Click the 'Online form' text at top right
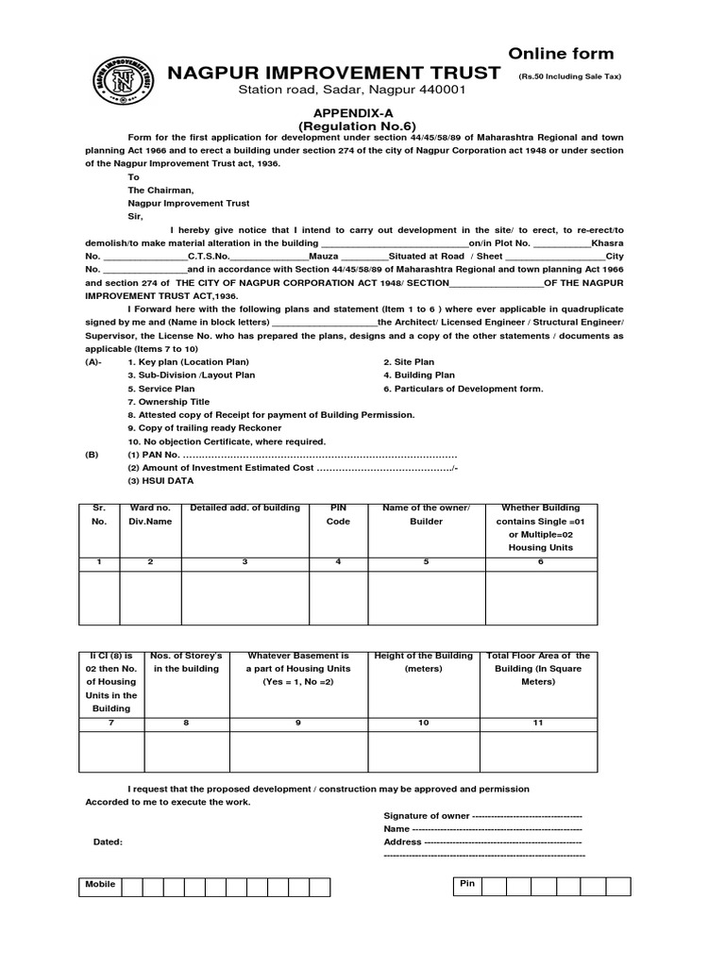pos(561,54)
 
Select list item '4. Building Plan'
pos(419,375)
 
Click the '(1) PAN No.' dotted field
pos(293,454)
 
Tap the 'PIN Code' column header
pos(338,514)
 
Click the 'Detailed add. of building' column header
pos(244,508)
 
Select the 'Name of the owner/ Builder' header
pos(425,514)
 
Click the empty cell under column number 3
pos(244,597)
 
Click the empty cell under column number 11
pos(538,752)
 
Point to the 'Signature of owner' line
pos(482,814)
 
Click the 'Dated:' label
pos(108,841)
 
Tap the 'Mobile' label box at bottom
pos(100,885)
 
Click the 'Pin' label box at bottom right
pos(466,885)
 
